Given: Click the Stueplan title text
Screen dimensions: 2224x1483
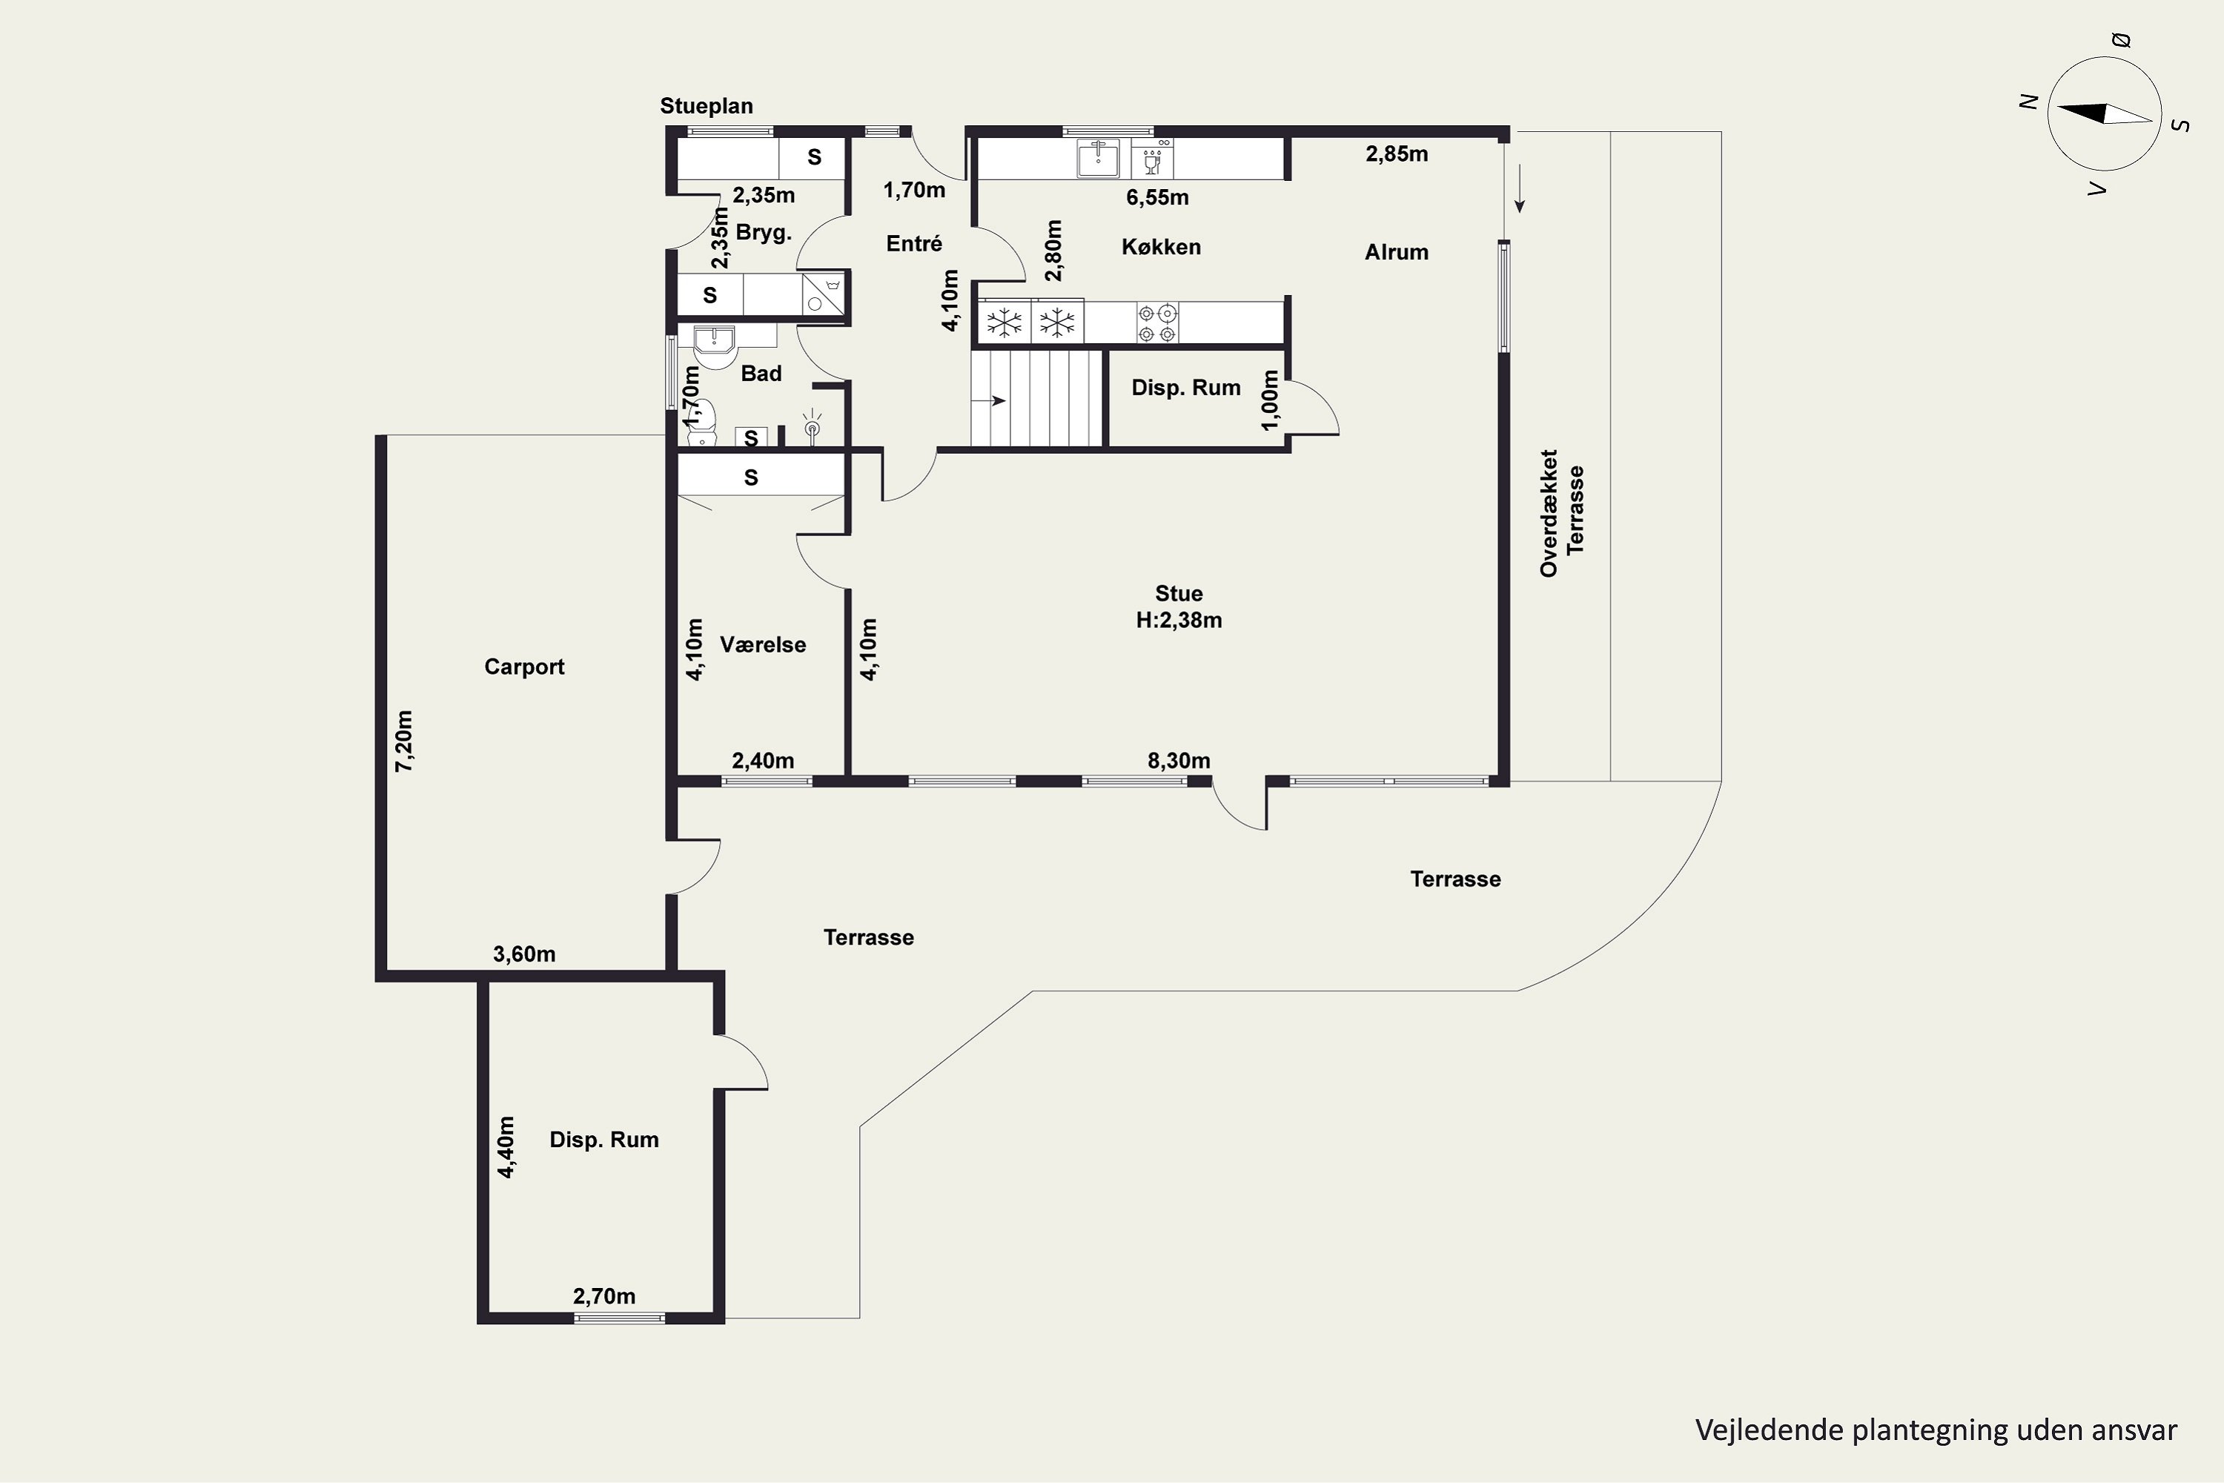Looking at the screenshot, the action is point(706,106).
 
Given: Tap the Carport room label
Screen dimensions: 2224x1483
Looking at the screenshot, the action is point(524,667).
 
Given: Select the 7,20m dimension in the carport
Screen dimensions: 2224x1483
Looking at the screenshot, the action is point(404,741).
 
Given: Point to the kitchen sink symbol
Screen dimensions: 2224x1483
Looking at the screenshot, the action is point(1098,158).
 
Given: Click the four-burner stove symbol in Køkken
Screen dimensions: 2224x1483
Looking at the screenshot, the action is point(1157,323).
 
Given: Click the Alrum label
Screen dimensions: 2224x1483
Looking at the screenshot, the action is point(1396,253).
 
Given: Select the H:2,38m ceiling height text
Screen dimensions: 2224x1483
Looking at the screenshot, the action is point(1179,621).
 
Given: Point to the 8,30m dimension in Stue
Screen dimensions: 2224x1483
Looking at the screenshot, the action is point(1179,761).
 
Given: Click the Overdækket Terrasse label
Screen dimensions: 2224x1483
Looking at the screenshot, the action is point(1561,512).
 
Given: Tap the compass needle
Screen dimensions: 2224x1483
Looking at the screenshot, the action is point(2105,113).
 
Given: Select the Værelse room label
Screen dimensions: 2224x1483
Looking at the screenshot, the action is point(763,645).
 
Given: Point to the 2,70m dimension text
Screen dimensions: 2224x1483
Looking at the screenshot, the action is point(604,1295).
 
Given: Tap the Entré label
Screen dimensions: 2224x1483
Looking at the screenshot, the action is point(914,244).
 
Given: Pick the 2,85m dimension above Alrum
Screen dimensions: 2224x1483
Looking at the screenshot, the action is point(1397,153).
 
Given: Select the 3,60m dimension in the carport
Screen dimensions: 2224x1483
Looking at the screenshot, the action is point(524,954).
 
